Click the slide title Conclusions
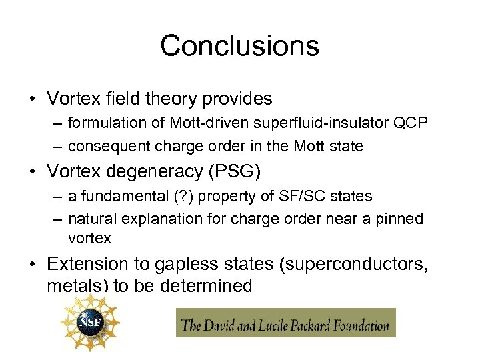(239, 46)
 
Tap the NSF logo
(89, 323)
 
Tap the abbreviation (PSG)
(235, 171)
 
